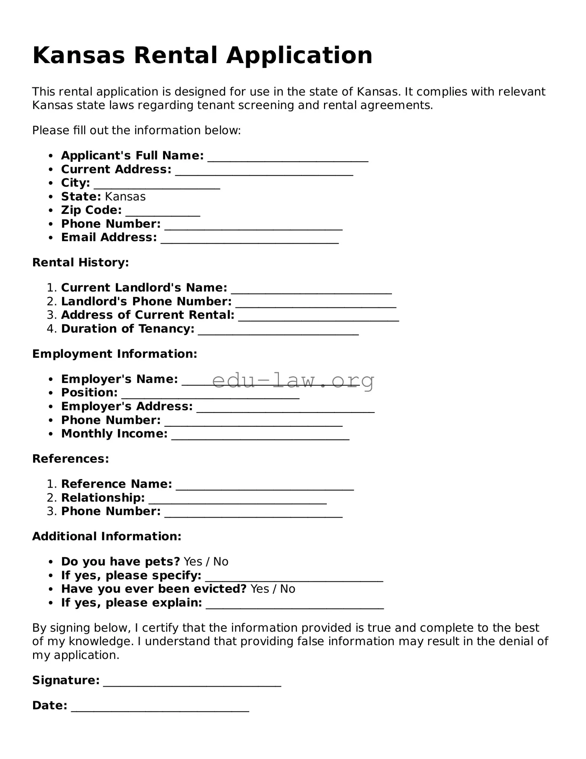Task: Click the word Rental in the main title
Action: (175, 56)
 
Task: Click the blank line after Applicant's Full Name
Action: (288, 158)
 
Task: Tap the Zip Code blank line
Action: (163, 212)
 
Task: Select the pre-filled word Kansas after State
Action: (125, 197)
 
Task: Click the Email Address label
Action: (109, 237)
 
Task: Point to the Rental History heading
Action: (80, 263)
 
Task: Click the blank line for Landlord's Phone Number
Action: (316, 303)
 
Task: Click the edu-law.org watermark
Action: (293, 381)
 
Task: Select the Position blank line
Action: (210, 395)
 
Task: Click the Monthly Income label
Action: (114, 434)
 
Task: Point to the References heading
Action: (70, 459)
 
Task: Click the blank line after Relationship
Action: (237, 500)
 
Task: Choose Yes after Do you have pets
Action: (193, 562)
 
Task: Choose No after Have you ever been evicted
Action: (287, 589)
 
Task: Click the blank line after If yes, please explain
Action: (294, 605)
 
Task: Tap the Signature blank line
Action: (192, 682)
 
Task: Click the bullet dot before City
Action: (51, 183)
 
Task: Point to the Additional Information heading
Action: (106, 536)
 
